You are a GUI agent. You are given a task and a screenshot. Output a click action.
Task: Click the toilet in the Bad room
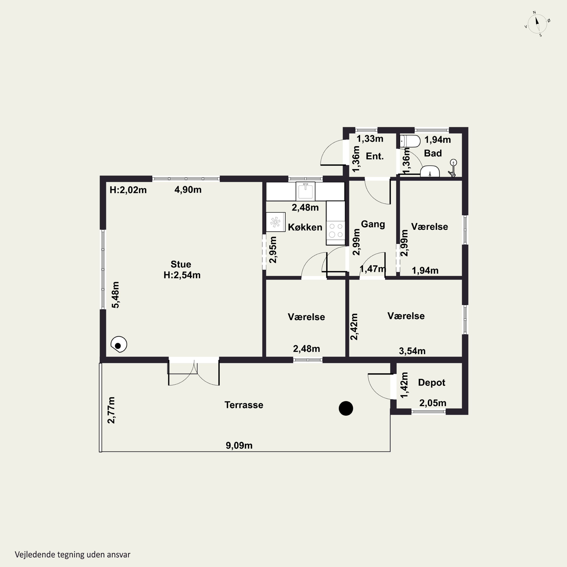tap(410, 141)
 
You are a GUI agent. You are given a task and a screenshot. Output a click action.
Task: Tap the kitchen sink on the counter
tap(305, 191)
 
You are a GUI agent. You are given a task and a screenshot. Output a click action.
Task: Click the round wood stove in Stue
tap(119, 344)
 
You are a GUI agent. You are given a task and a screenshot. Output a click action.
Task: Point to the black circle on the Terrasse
tap(346, 408)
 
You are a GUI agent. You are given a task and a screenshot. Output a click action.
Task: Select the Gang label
tap(373, 224)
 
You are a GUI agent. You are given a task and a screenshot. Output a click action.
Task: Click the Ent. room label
tap(375, 156)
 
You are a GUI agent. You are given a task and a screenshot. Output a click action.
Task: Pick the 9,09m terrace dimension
tap(239, 445)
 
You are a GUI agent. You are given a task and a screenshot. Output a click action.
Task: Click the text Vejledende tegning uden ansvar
tap(73, 554)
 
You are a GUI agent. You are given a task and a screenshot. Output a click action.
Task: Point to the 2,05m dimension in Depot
tap(433, 403)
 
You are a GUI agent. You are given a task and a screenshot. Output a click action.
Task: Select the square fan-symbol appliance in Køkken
tap(276, 222)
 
